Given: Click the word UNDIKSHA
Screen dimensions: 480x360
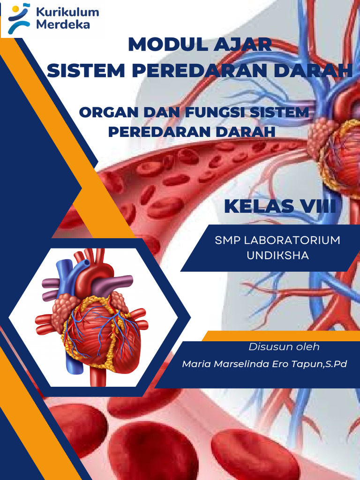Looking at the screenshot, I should coord(277,256).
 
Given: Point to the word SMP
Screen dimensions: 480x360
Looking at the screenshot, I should coord(227,240).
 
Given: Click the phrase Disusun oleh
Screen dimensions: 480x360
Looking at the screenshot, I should coord(284,347).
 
